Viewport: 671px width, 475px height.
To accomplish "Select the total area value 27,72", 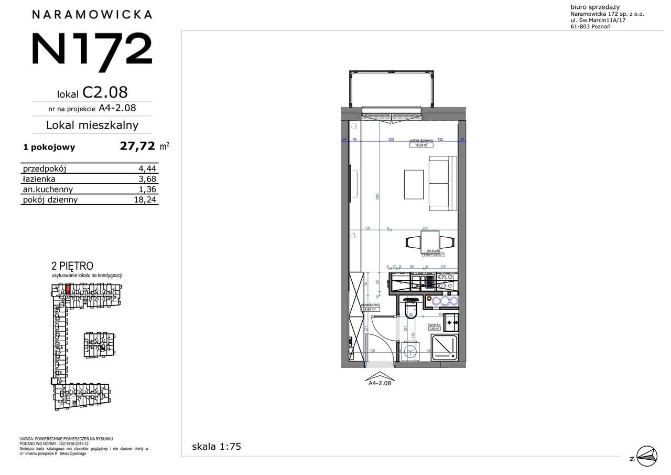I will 137,146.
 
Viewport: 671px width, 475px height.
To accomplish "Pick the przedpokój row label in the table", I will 44,168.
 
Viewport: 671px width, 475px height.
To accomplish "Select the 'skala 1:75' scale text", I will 217,447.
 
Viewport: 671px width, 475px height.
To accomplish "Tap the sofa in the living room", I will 439,183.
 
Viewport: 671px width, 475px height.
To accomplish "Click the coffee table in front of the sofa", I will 414,184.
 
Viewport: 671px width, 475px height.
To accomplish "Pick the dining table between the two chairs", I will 430,242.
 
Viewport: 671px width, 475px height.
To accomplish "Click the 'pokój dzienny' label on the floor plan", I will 421,141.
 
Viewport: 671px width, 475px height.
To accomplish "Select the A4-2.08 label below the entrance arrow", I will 380,383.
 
